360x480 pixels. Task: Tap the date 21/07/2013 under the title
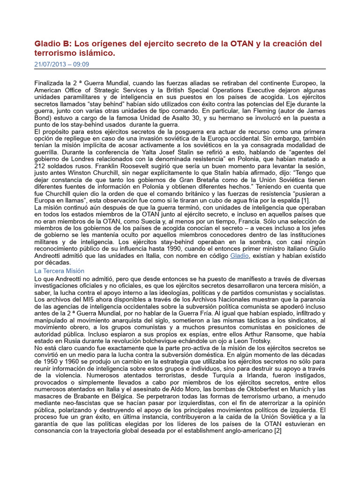pos(51,65)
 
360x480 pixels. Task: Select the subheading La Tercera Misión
pos(60,271)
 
